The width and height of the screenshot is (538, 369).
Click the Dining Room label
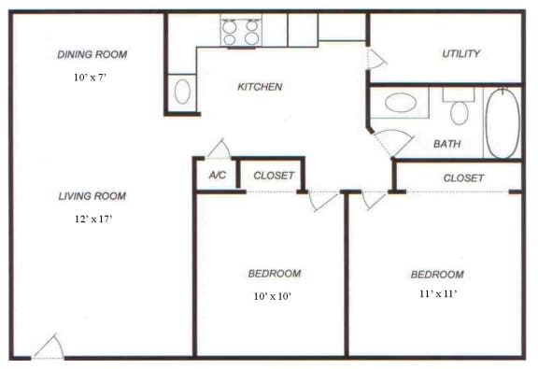(92, 54)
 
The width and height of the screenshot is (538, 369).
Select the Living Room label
(92, 196)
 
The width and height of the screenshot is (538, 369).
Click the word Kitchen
(260, 87)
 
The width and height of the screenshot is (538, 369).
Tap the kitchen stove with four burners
(240, 32)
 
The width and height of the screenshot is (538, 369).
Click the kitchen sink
(183, 92)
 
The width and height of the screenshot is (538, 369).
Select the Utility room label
(460, 53)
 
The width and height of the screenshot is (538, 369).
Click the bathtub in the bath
(502, 122)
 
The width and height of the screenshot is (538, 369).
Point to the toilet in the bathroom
(459, 109)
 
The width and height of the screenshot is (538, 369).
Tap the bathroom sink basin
(401, 102)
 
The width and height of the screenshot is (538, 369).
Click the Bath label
(447, 144)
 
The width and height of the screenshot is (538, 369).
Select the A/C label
(217, 175)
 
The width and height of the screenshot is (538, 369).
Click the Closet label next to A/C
(274, 175)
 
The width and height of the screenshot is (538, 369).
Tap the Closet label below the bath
(463, 177)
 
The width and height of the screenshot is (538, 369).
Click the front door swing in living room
(50, 348)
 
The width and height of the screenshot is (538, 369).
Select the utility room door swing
(375, 59)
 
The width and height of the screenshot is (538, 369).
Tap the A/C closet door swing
(219, 149)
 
